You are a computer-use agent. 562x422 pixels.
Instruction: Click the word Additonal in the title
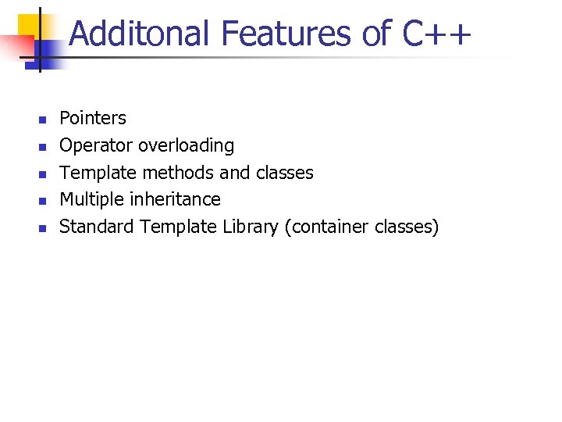pyautogui.click(x=140, y=34)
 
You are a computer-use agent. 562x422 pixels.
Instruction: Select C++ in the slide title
pyautogui.click(x=438, y=34)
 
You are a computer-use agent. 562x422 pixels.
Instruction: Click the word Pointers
pyautogui.click(x=93, y=118)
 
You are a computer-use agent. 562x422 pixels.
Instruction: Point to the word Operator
pyautogui.click(x=97, y=145)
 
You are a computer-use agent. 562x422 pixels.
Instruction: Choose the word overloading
pyautogui.click(x=186, y=145)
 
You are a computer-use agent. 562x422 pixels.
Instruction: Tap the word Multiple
pyautogui.click(x=92, y=199)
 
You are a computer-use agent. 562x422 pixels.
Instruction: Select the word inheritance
pyautogui.click(x=176, y=199)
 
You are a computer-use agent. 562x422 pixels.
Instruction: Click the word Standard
pyautogui.click(x=97, y=227)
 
